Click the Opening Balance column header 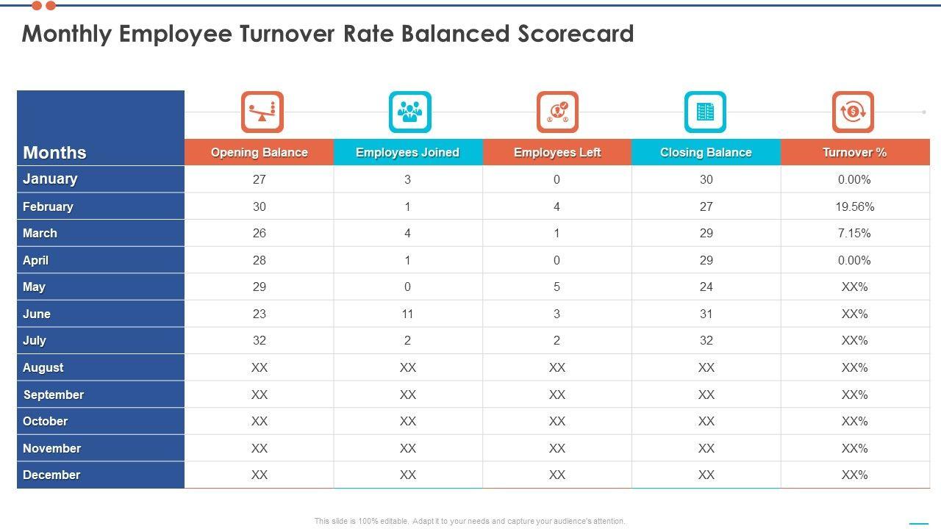click(259, 152)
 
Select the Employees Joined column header click(407, 152)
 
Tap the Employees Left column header click(557, 152)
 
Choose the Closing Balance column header click(706, 152)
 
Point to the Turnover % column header click(854, 152)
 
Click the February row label click(48, 206)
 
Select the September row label click(54, 395)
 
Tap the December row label click(51, 475)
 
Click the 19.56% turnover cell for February click(854, 206)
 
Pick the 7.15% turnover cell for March click(854, 233)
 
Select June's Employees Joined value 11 click(407, 314)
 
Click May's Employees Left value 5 click(557, 287)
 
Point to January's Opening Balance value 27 click(259, 179)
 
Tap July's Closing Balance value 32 click(706, 340)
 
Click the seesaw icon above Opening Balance click(262, 112)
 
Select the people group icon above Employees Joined click(410, 112)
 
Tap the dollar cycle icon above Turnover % click(853, 112)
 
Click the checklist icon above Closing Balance click(705, 112)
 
